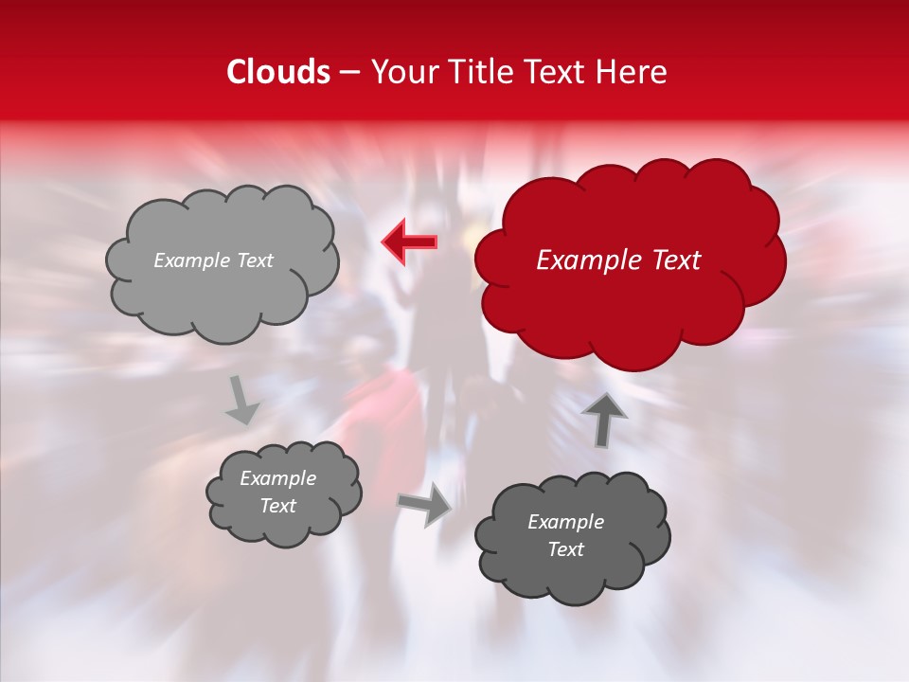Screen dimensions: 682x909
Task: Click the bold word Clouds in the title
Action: (279, 72)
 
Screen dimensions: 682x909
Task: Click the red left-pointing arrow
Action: (409, 242)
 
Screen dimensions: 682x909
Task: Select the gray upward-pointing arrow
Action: (603, 418)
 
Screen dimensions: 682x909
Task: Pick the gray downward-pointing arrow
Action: (243, 400)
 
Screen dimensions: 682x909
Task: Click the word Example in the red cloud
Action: (586, 260)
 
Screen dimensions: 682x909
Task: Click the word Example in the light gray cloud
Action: (191, 260)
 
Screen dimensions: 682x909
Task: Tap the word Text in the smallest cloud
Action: (277, 506)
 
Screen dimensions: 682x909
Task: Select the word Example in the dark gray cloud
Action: (565, 522)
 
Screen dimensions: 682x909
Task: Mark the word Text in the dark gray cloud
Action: (565, 549)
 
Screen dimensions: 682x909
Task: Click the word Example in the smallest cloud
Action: (277, 478)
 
